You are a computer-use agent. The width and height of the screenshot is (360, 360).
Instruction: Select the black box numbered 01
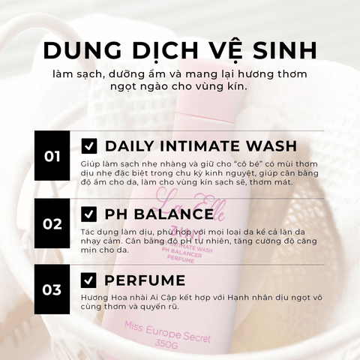coord(52,155)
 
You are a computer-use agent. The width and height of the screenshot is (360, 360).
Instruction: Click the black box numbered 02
coord(52,223)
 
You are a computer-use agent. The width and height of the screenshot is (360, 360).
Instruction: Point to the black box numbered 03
coord(52,289)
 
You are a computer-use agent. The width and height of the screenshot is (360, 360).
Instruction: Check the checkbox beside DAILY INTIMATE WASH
coord(89,146)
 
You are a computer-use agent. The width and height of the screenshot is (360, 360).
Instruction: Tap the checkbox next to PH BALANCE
coord(88,214)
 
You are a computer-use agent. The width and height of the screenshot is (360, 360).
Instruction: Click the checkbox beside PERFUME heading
coord(88,280)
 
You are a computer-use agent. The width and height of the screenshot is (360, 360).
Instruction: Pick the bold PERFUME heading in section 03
coord(145,280)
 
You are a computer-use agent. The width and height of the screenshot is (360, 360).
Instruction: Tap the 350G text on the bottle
coord(166,344)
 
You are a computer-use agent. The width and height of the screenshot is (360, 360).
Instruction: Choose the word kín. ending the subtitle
coord(238,86)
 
